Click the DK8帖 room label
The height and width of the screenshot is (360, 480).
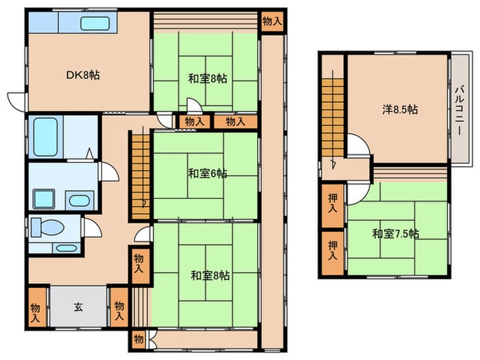[x=83, y=75]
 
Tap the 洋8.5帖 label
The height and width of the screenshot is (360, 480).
[x=400, y=109]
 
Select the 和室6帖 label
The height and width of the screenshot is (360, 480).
[x=208, y=173]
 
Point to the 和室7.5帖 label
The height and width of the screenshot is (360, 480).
[x=396, y=234]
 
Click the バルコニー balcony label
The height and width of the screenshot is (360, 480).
[x=459, y=111]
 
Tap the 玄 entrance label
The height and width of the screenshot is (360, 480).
[x=78, y=307]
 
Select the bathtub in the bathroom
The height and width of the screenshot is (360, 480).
[x=45, y=137]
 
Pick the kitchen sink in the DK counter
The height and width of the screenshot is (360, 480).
[x=95, y=23]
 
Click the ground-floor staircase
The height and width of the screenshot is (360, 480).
[x=141, y=176]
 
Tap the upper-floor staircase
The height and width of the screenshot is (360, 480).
[x=333, y=118]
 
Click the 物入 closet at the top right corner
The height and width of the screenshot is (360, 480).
[x=272, y=21]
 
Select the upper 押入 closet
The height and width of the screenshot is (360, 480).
[x=333, y=205]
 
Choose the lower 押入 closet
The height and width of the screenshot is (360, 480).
[x=333, y=253]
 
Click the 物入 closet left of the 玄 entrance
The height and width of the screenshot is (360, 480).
[x=36, y=307]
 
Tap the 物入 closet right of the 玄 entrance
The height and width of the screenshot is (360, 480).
[x=119, y=307]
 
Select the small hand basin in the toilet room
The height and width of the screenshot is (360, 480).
[x=67, y=248]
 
